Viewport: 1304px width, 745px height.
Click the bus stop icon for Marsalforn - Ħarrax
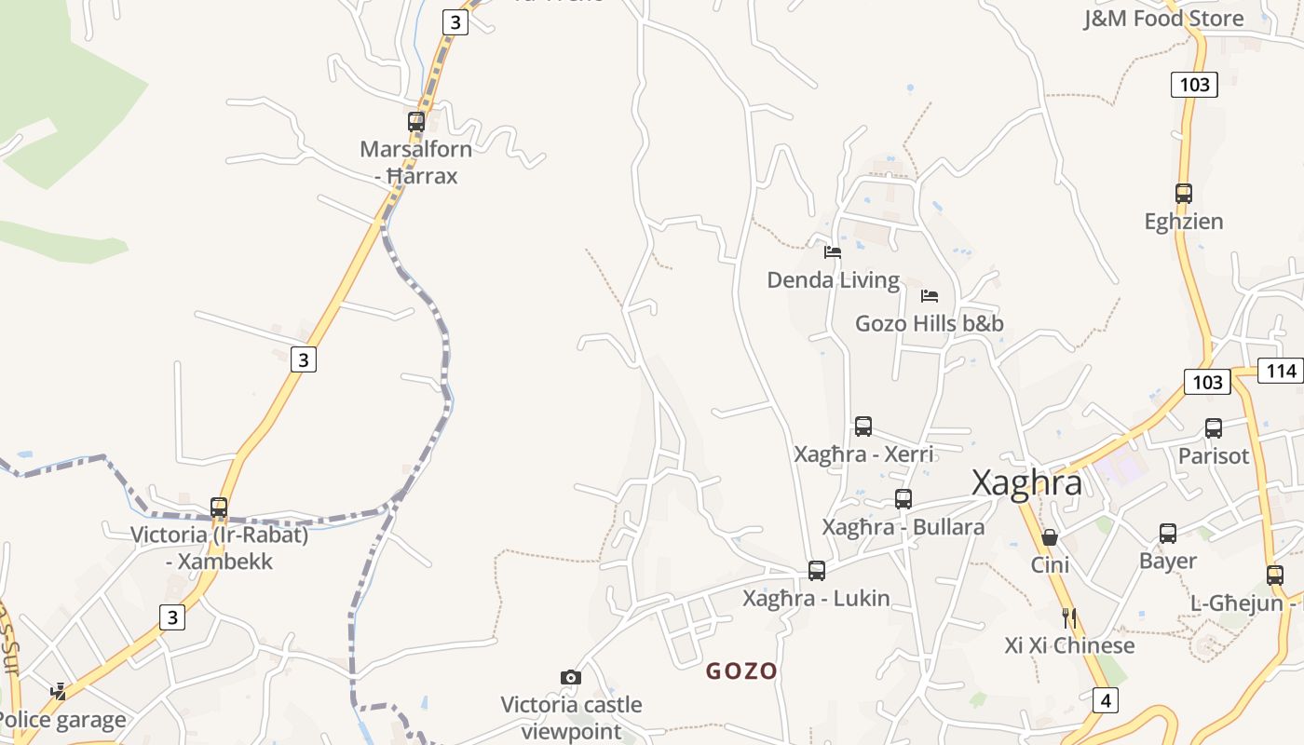pos(416,122)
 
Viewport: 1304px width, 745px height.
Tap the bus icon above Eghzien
pos(1184,194)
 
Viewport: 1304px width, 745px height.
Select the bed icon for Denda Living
pos(833,251)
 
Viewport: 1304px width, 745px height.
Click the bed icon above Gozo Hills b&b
pos(930,296)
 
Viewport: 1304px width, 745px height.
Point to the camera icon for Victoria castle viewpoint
pos(571,677)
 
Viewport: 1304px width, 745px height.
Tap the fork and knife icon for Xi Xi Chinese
pos(1069,617)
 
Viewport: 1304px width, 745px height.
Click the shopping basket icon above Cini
pos(1050,537)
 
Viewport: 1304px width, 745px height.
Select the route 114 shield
pos(1282,371)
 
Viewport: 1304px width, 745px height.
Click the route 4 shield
pos(1104,700)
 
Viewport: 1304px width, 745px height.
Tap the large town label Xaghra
pos(1026,483)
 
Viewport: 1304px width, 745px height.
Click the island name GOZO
pos(741,670)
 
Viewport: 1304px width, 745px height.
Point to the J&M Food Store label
pos(1163,19)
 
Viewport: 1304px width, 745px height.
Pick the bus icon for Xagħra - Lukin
pos(817,571)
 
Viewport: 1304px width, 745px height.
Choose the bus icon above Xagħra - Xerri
pos(863,427)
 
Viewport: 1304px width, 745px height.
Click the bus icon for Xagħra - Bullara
pos(903,499)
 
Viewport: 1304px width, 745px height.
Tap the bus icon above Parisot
pos(1214,428)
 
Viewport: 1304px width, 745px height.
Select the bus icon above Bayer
pos(1168,534)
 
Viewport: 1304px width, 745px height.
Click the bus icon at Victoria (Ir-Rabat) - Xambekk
pos(219,508)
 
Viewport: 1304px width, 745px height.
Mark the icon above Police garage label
pos(59,691)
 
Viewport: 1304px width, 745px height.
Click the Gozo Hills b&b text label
pos(930,324)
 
